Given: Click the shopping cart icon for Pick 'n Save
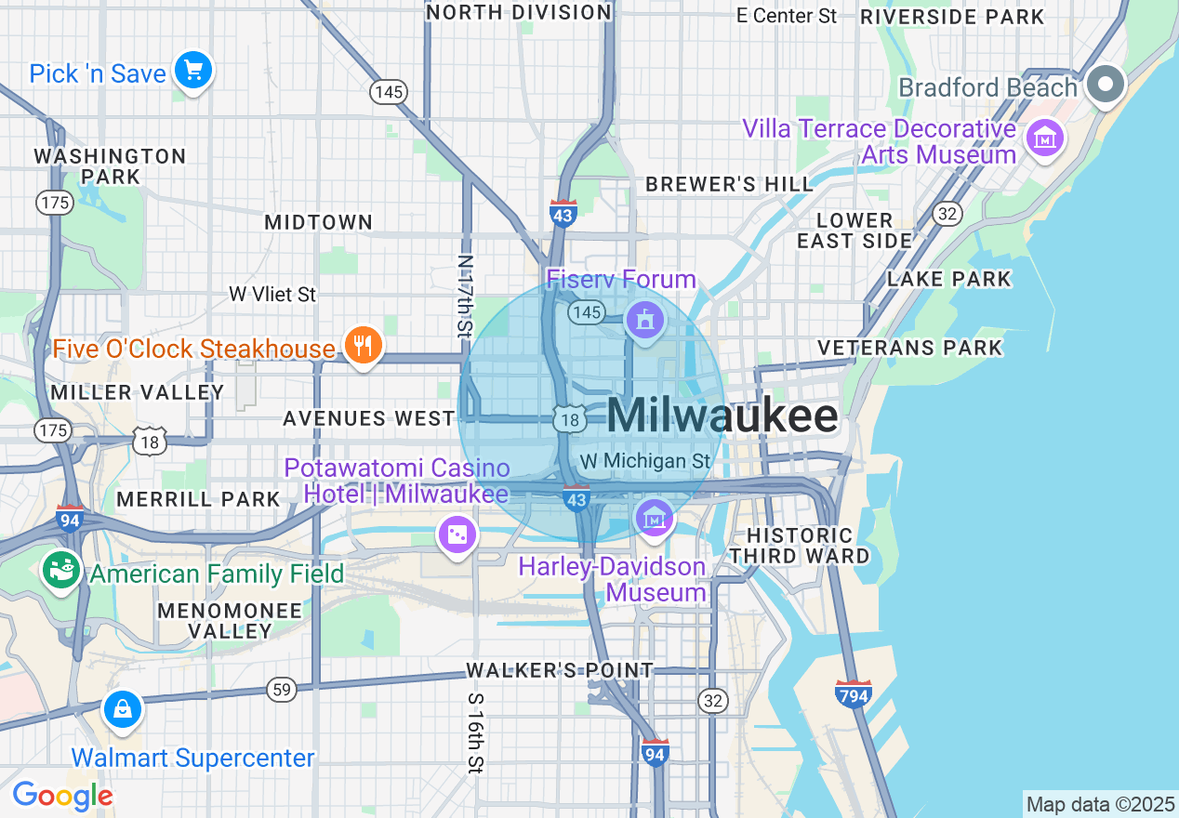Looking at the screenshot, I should (193, 71).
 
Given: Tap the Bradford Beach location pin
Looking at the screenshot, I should (1106, 85).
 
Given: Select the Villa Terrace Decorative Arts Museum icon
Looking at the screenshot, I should (1045, 139).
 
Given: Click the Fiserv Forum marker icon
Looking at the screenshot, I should (643, 321).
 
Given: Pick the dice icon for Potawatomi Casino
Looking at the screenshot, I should (458, 534).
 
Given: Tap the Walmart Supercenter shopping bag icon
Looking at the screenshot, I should (122, 711).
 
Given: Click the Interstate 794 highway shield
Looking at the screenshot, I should (853, 693).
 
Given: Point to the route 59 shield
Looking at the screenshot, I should (281, 689).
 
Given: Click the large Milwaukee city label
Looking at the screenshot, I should (722, 416).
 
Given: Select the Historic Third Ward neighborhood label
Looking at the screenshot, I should (800, 546).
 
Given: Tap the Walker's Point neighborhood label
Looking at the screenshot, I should (560, 670).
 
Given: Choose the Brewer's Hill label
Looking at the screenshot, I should (729, 184).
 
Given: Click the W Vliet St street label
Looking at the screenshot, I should (272, 294).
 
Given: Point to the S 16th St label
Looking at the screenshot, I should (475, 732).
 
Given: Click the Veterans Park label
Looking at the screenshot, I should (909, 348).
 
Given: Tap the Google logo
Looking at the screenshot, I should (62, 796).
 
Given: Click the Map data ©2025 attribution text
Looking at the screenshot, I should (1099, 804).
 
